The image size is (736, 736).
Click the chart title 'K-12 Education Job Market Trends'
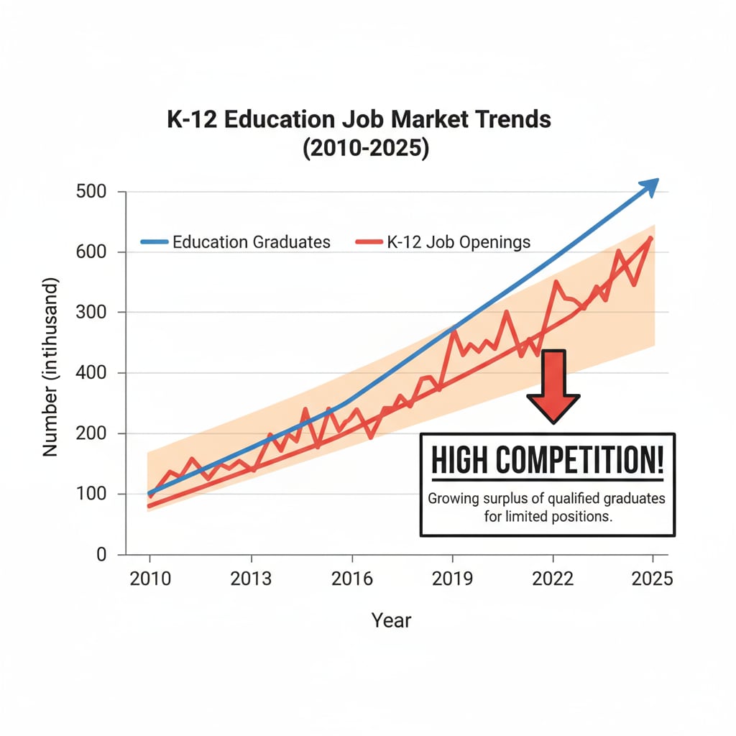coord(359,119)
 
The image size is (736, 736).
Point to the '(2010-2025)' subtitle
coord(359,149)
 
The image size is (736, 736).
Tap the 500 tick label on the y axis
coord(91,192)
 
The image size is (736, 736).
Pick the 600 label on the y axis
coord(91,252)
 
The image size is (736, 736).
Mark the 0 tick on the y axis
coord(101,554)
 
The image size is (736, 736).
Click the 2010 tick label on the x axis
coord(150,579)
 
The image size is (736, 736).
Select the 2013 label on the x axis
coord(251,579)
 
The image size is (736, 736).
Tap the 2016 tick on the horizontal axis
coord(351,579)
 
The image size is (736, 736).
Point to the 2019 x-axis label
coord(452,579)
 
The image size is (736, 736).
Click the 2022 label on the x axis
coord(553,579)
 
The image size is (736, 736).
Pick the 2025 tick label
coord(653,579)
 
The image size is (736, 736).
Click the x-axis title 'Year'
coord(391,620)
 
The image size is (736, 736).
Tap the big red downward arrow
coord(553,385)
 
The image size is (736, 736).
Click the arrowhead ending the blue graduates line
coord(649,186)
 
